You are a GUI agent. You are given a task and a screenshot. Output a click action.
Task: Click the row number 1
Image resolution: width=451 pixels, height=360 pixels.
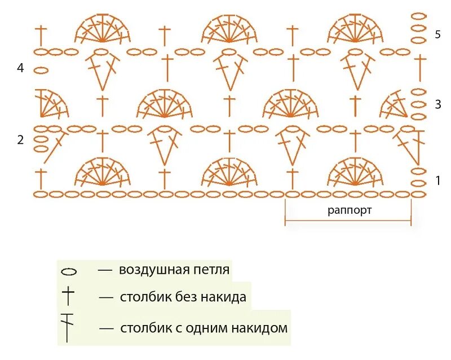[437, 181]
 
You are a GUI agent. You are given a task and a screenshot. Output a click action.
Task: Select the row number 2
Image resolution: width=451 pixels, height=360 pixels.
[20, 140]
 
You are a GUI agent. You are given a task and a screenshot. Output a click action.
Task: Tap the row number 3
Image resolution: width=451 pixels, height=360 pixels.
[437, 104]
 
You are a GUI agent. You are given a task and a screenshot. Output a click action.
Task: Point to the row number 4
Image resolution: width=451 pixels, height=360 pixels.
[20, 68]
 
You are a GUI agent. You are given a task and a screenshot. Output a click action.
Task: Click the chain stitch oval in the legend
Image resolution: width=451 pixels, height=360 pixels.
[69, 271]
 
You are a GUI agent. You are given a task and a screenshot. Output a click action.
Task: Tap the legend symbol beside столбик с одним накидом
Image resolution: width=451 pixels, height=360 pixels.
[68, 327]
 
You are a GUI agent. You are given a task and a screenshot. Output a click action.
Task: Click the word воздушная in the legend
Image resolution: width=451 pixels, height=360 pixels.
[151, 270]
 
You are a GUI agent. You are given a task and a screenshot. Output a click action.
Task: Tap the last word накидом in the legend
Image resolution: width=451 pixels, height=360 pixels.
[260, 328]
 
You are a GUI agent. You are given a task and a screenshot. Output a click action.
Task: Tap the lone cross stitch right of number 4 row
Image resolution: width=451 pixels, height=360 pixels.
[421, 67]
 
